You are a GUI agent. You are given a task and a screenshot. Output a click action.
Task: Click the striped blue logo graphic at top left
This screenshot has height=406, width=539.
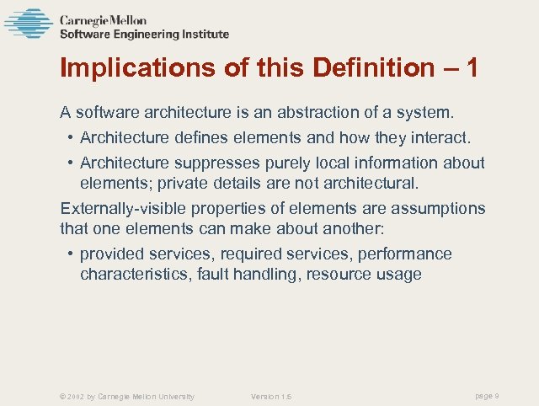click(x=29, y=23)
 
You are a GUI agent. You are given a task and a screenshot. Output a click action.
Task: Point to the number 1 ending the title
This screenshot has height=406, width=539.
click(x=472, y=68)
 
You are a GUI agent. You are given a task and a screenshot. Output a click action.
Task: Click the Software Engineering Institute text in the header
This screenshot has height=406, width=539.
click(x=144, y=35)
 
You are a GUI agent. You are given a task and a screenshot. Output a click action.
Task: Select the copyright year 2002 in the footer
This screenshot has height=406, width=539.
click(x=75, y=396)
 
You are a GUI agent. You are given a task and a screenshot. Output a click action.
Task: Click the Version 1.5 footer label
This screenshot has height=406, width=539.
click(x=271, y=396)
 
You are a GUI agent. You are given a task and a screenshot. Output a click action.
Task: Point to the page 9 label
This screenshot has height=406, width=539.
click(x=488, y=395)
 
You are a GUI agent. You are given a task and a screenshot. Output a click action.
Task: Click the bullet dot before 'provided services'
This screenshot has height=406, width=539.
click(x=68, y=254)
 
